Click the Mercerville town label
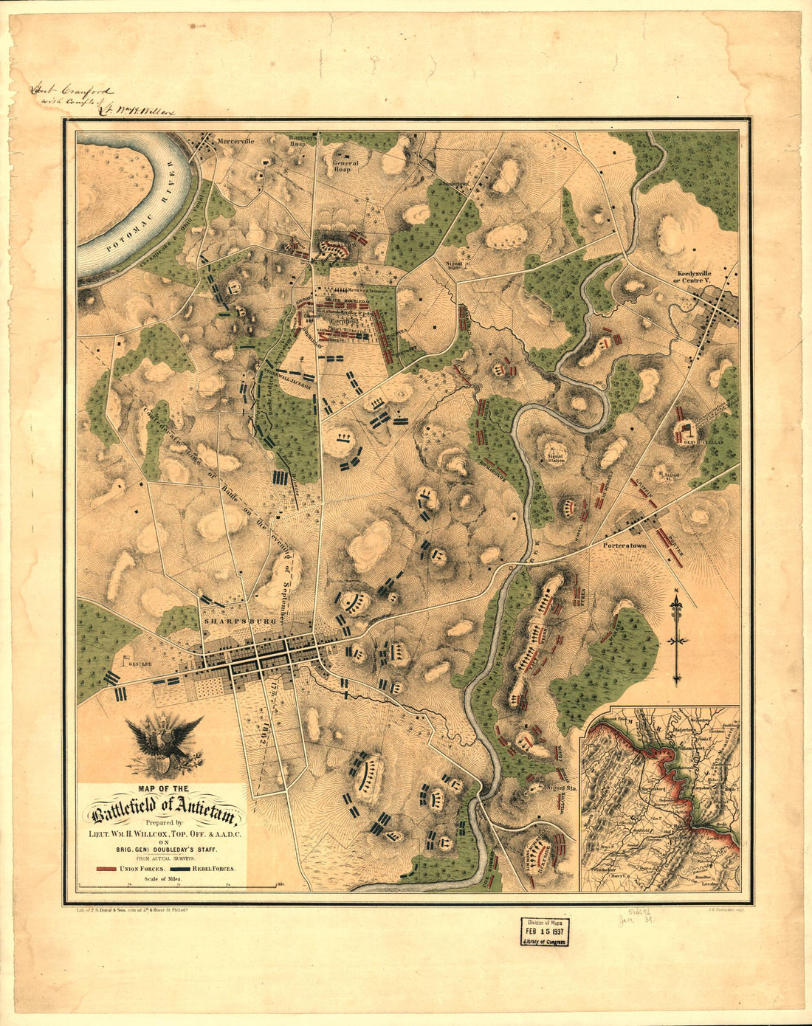234,140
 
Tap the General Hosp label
345,166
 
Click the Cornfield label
343,322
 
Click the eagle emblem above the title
164,745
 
